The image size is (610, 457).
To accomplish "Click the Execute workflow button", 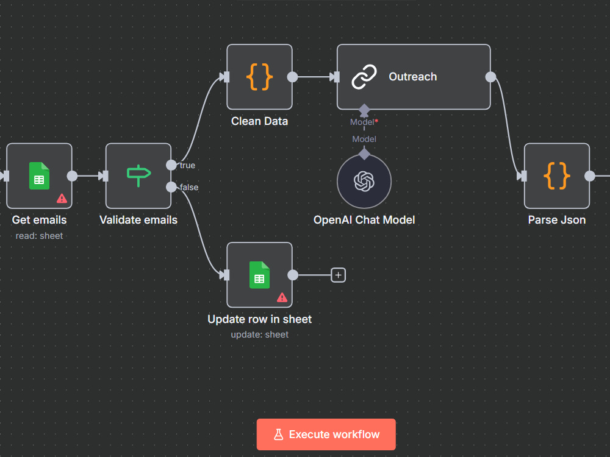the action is (x=326, y=434).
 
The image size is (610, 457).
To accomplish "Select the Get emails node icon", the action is (x=39, y=175).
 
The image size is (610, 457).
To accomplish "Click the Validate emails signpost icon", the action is (x=138, y=175).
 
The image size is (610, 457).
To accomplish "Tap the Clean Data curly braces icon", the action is (x=259, y=77).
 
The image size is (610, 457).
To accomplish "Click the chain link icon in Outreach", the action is (x=364, y=77).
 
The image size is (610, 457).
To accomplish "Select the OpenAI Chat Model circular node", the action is (x=364, y=181).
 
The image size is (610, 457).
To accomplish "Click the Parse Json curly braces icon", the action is (x=557, y=175).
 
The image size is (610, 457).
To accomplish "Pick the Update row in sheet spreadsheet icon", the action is (x=259, y=275).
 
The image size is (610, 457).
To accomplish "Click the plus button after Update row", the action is (x=339, y=275).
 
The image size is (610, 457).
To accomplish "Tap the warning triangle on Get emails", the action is (x=62, y=199).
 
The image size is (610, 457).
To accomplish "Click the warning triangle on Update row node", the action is (x=282, y=298).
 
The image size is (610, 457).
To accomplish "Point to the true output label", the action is (x=187, y=165).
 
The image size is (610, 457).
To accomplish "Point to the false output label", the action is (x=189, y=187).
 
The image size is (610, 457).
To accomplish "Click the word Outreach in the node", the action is (x=413, y=77).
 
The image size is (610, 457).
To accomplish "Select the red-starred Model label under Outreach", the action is (x=364, y=122).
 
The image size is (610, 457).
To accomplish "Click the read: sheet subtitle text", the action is (x=39, y=236).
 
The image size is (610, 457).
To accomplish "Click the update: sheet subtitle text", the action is (x=259, y=335).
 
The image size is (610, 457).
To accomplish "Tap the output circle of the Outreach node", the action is (x=490, y=77).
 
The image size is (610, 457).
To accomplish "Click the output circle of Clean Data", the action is (x=292, y=77).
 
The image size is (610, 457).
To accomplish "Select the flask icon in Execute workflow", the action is (x=279, y=434).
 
